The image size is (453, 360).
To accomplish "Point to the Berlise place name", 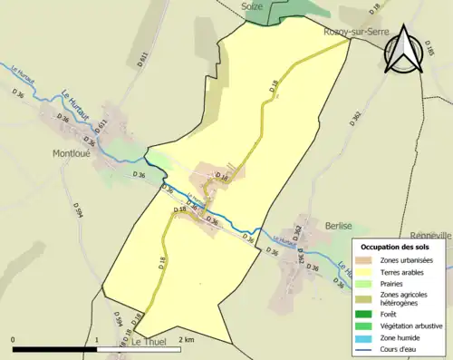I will coord(338,224).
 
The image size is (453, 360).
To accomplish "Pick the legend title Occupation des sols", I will coord(396,247).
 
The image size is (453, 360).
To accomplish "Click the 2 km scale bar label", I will coord(187,339).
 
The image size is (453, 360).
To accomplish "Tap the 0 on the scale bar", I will coord(13,339).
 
